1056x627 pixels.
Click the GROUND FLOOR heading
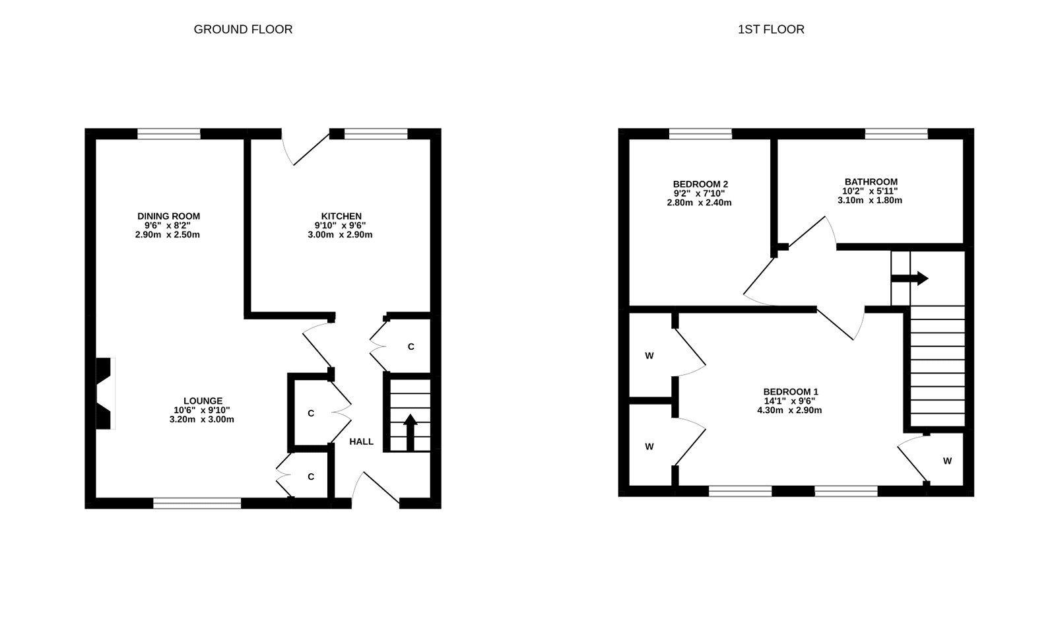coord(243,29)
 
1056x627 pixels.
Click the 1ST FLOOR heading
coord(771,29)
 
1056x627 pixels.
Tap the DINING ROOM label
coord(168,216)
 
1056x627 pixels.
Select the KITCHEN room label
coord(341,216)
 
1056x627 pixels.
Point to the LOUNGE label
coord(203,401)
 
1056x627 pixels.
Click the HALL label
coord(361,442)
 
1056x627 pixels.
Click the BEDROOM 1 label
coord(790,391)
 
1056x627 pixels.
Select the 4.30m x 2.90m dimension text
coord(789,410)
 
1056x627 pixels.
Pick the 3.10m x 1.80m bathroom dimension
coord(870,200)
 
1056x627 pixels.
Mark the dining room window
coord(169,134)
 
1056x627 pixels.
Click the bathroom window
coord(896,134)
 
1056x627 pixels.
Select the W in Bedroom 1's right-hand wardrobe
coord(947,461)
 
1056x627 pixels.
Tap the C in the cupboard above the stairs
coord(411,346)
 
